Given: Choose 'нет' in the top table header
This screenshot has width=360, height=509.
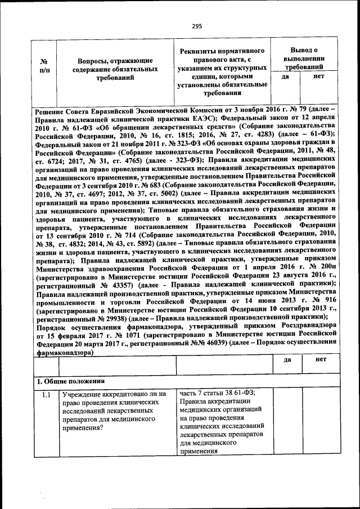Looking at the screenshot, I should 319,76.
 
